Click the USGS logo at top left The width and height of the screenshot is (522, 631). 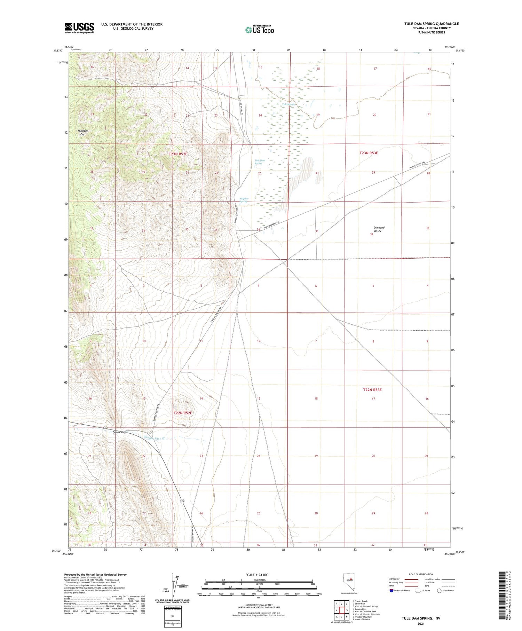click(x=79, y=28)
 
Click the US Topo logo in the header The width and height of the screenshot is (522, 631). click(x=259, y=30)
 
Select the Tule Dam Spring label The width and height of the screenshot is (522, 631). click(x=260, y=162)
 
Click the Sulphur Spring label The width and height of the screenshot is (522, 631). click(x=244, y=200)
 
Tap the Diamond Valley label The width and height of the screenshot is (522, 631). click(x=379, y=229)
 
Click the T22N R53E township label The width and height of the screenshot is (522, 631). click(x=372, y=390)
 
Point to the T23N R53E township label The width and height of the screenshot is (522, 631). click(x=369, y=153)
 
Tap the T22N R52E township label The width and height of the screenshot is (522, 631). click(x=183, y=413)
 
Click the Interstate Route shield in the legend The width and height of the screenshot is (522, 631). click(x=391, y=591)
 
